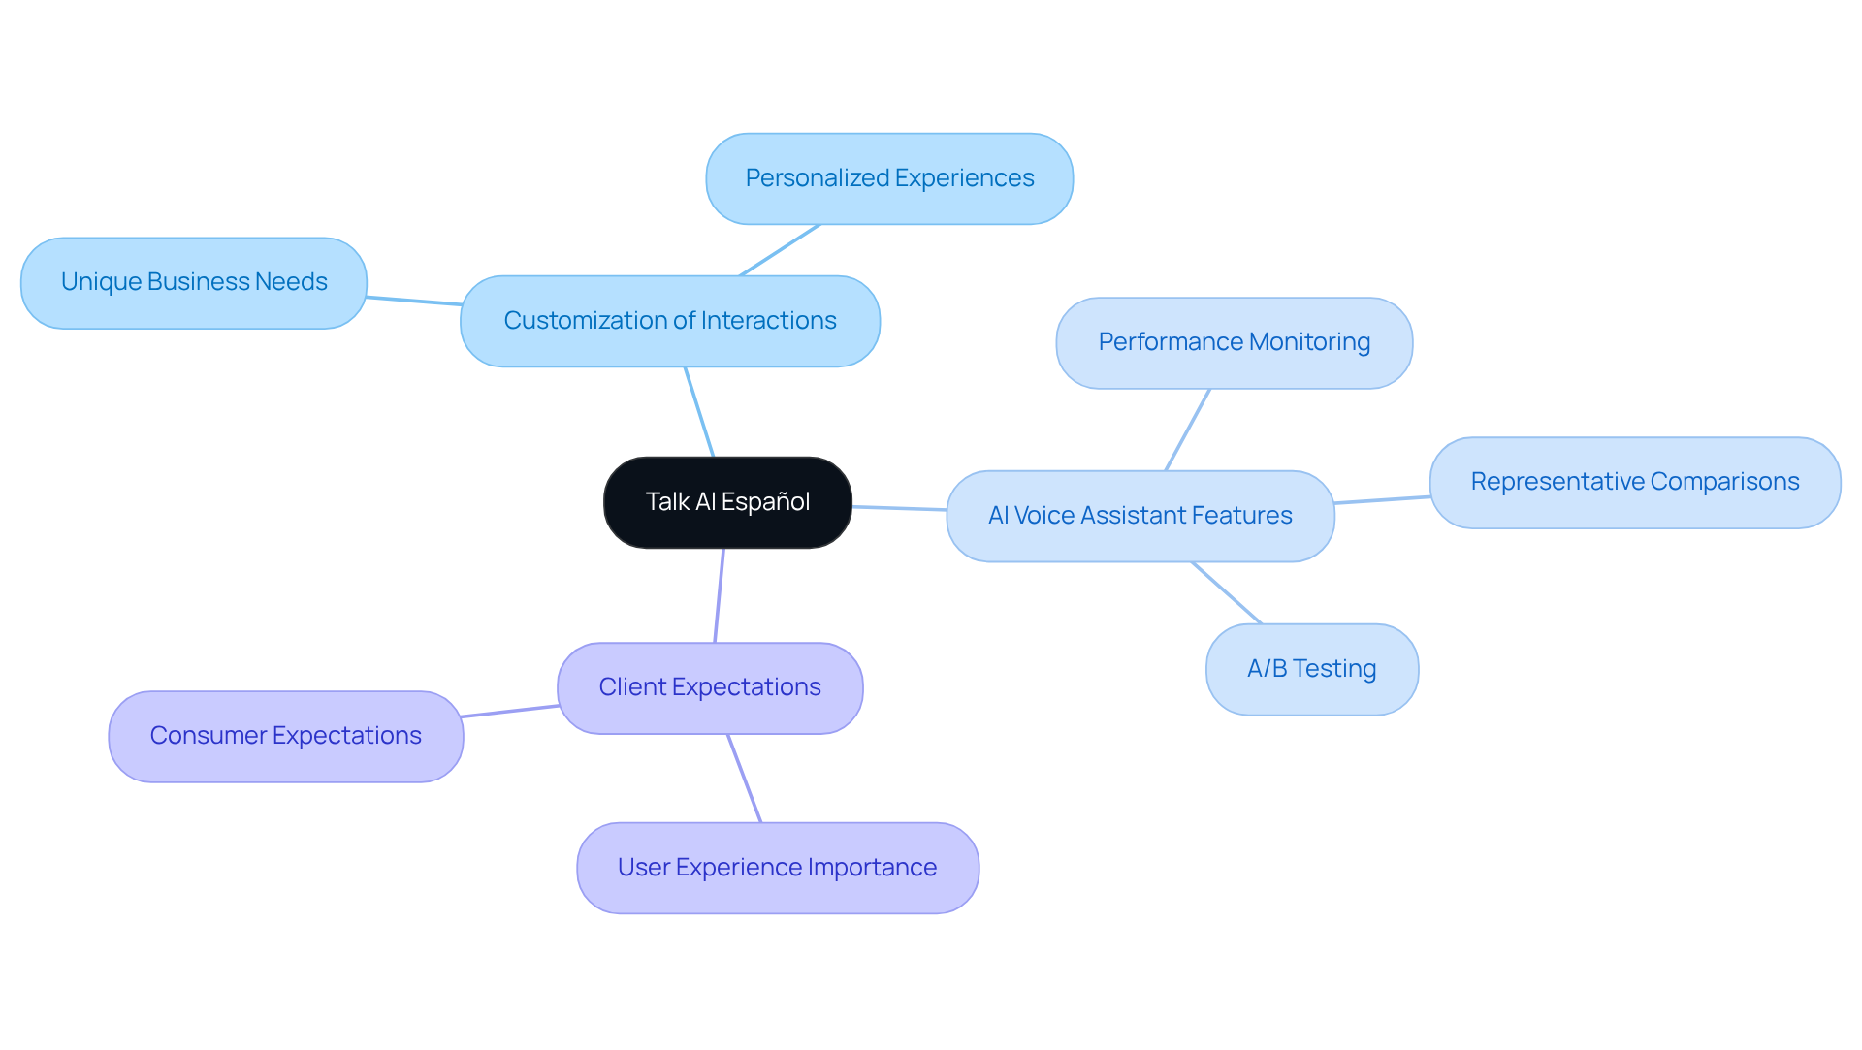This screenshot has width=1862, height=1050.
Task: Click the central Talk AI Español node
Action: (x=727, y=502)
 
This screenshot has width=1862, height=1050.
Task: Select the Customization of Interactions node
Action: (x=669, y=321)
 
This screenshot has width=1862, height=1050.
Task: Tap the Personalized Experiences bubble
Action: (x=889, y=178)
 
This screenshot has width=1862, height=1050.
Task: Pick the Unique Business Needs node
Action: (x=194, y=282)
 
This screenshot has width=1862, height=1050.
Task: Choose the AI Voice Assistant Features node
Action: (x=1140, y=516)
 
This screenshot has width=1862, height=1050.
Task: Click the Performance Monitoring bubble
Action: (x=1234, y=342)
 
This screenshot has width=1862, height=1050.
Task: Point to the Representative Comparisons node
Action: (x=1634, y=482)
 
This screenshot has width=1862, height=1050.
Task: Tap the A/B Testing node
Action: (x=1311, y=669)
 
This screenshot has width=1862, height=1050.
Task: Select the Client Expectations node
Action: (x=710, y=687)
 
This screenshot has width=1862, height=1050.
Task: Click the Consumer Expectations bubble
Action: (x=285, y=736)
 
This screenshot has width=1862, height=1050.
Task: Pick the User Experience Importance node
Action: (x=777, y=868)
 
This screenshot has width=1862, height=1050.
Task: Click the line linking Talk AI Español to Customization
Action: (x=699, y=412)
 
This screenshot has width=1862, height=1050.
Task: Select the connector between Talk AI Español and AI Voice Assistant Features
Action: (x=899, y=508)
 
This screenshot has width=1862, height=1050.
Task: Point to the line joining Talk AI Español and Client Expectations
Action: (x=720, y=595)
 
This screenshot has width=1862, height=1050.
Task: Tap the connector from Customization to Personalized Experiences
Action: (x=780, y=250)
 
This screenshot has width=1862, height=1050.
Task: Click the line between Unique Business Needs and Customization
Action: (x=414, y=301)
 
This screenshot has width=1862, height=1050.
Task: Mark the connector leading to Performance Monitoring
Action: (x=1188, y=430)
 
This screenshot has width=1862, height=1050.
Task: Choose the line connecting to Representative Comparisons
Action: (x=1382, y=499)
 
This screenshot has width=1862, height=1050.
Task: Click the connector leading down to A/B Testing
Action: (x=1227, y=592)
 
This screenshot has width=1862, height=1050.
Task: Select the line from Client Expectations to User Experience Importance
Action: (x=745, y=779)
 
